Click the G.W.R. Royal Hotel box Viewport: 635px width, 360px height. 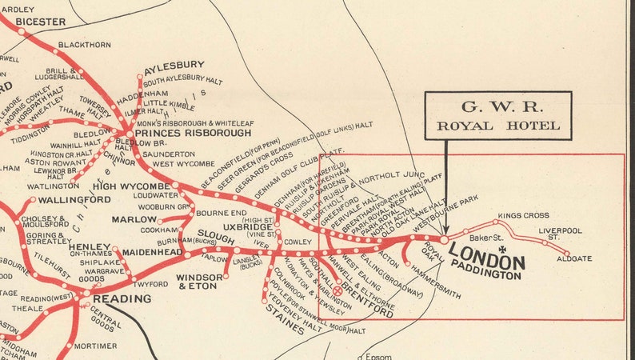click(497, 115)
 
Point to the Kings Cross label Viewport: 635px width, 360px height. click(523, 216)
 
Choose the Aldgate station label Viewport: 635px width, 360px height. click(575, 258)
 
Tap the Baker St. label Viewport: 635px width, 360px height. click(485, 238)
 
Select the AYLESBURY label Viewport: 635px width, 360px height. click(174, 65)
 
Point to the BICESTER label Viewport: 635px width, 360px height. click(40, 21)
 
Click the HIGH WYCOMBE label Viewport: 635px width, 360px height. click(131, 186)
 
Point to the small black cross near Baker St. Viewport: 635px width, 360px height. click(501, 250)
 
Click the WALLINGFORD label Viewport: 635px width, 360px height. click(73, 199)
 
